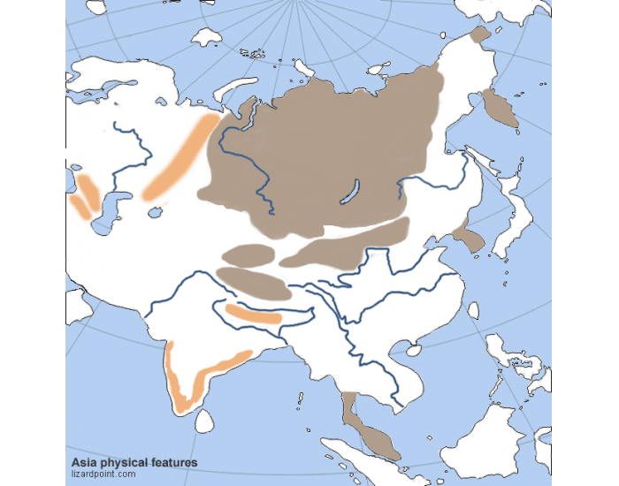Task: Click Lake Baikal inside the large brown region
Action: click(x=351, y=191)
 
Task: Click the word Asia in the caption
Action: click(x=82, y=462)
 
